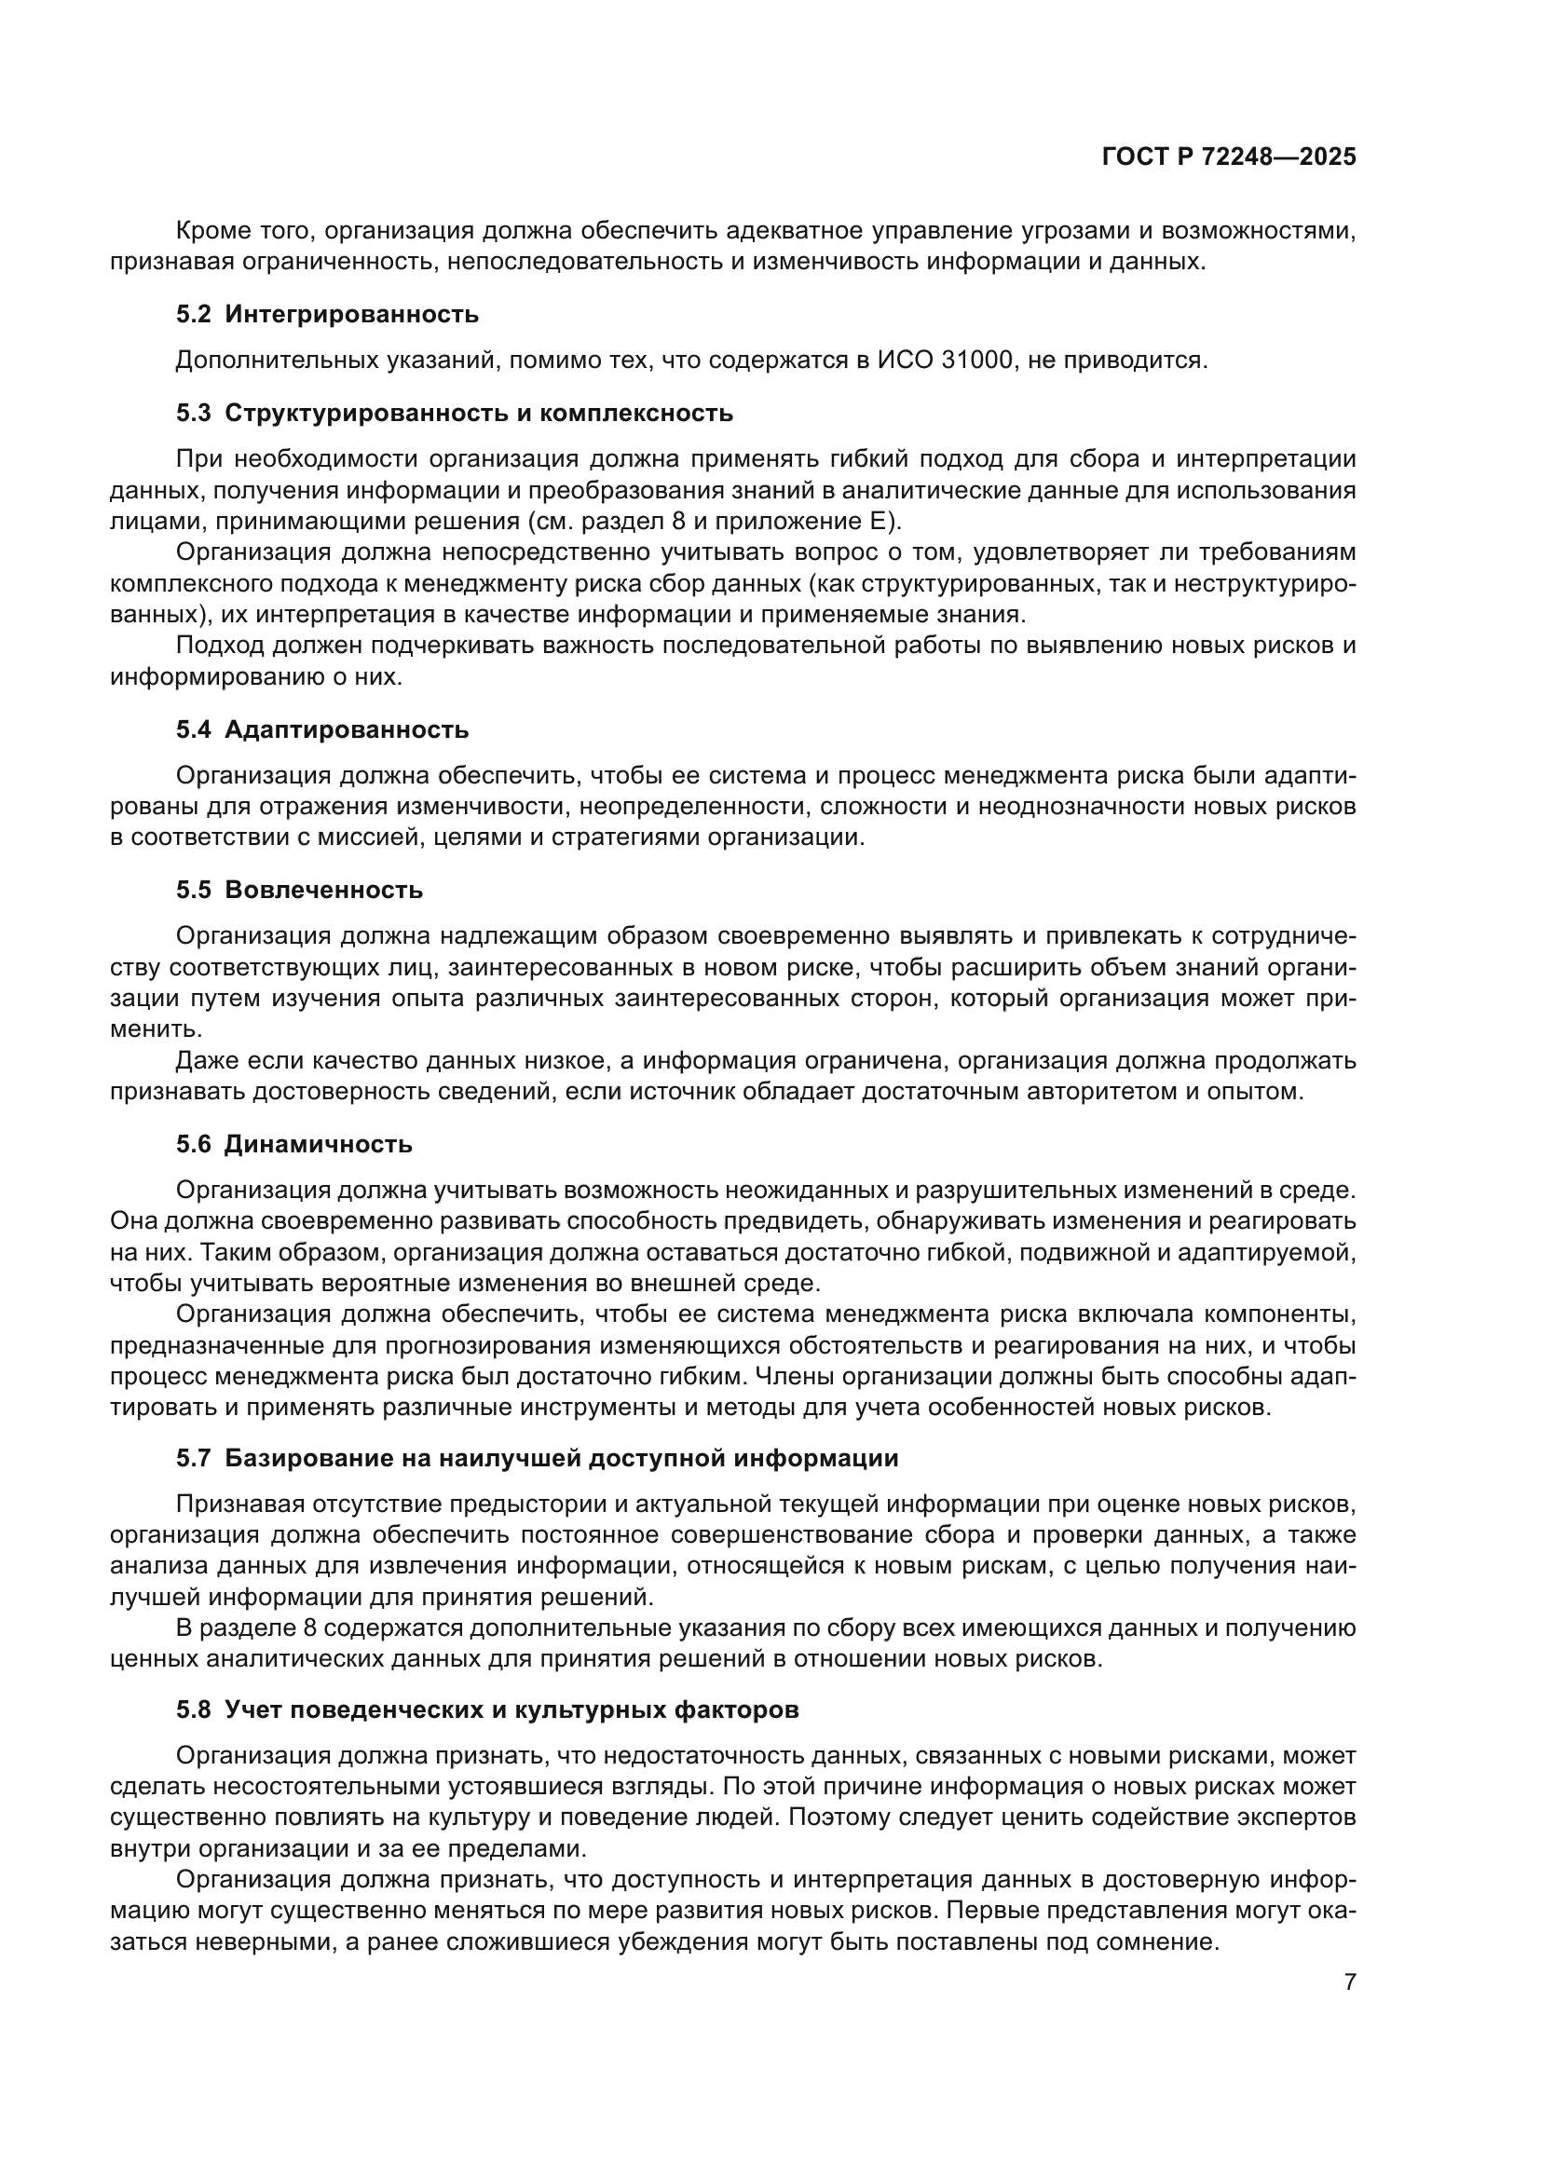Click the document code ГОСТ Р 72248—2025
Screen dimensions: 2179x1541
point(1229,157)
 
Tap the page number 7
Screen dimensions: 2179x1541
point(1350,1982)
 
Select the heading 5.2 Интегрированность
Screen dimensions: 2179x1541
point(327,315)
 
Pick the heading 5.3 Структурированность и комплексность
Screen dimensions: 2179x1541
point(455,414)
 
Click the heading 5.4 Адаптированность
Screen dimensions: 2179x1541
point(322,729)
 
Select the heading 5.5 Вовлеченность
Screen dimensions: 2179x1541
point(299,891)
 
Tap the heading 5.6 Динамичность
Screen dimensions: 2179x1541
point(294,1145)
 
